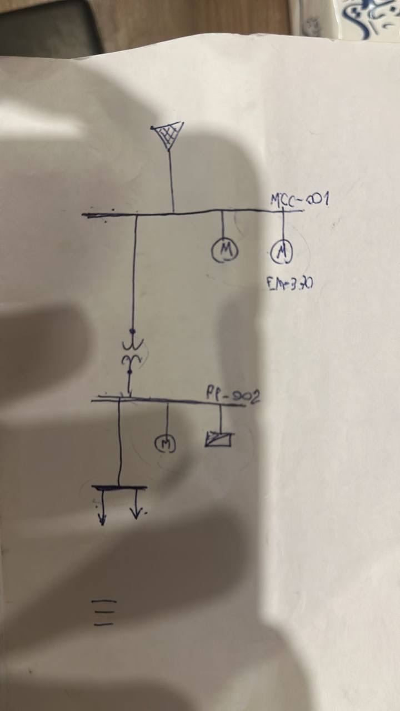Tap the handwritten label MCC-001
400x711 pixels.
click(299, 199)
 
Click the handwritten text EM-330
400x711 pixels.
click(289, 284)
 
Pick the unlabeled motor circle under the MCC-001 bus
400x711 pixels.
click(224, 251)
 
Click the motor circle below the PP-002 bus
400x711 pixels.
click(164, 443)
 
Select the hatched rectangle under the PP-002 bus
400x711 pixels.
click(219, 439)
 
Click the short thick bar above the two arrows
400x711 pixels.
click(119, 488)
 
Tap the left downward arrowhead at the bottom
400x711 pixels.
click(102, 519)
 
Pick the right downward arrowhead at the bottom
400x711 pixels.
click(136, 513)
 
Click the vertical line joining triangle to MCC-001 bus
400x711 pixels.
click(171, 181)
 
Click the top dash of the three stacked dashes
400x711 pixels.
click(105, 601)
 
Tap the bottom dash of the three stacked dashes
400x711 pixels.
click(104, 624)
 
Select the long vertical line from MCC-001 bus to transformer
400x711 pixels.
click(134, 272)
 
